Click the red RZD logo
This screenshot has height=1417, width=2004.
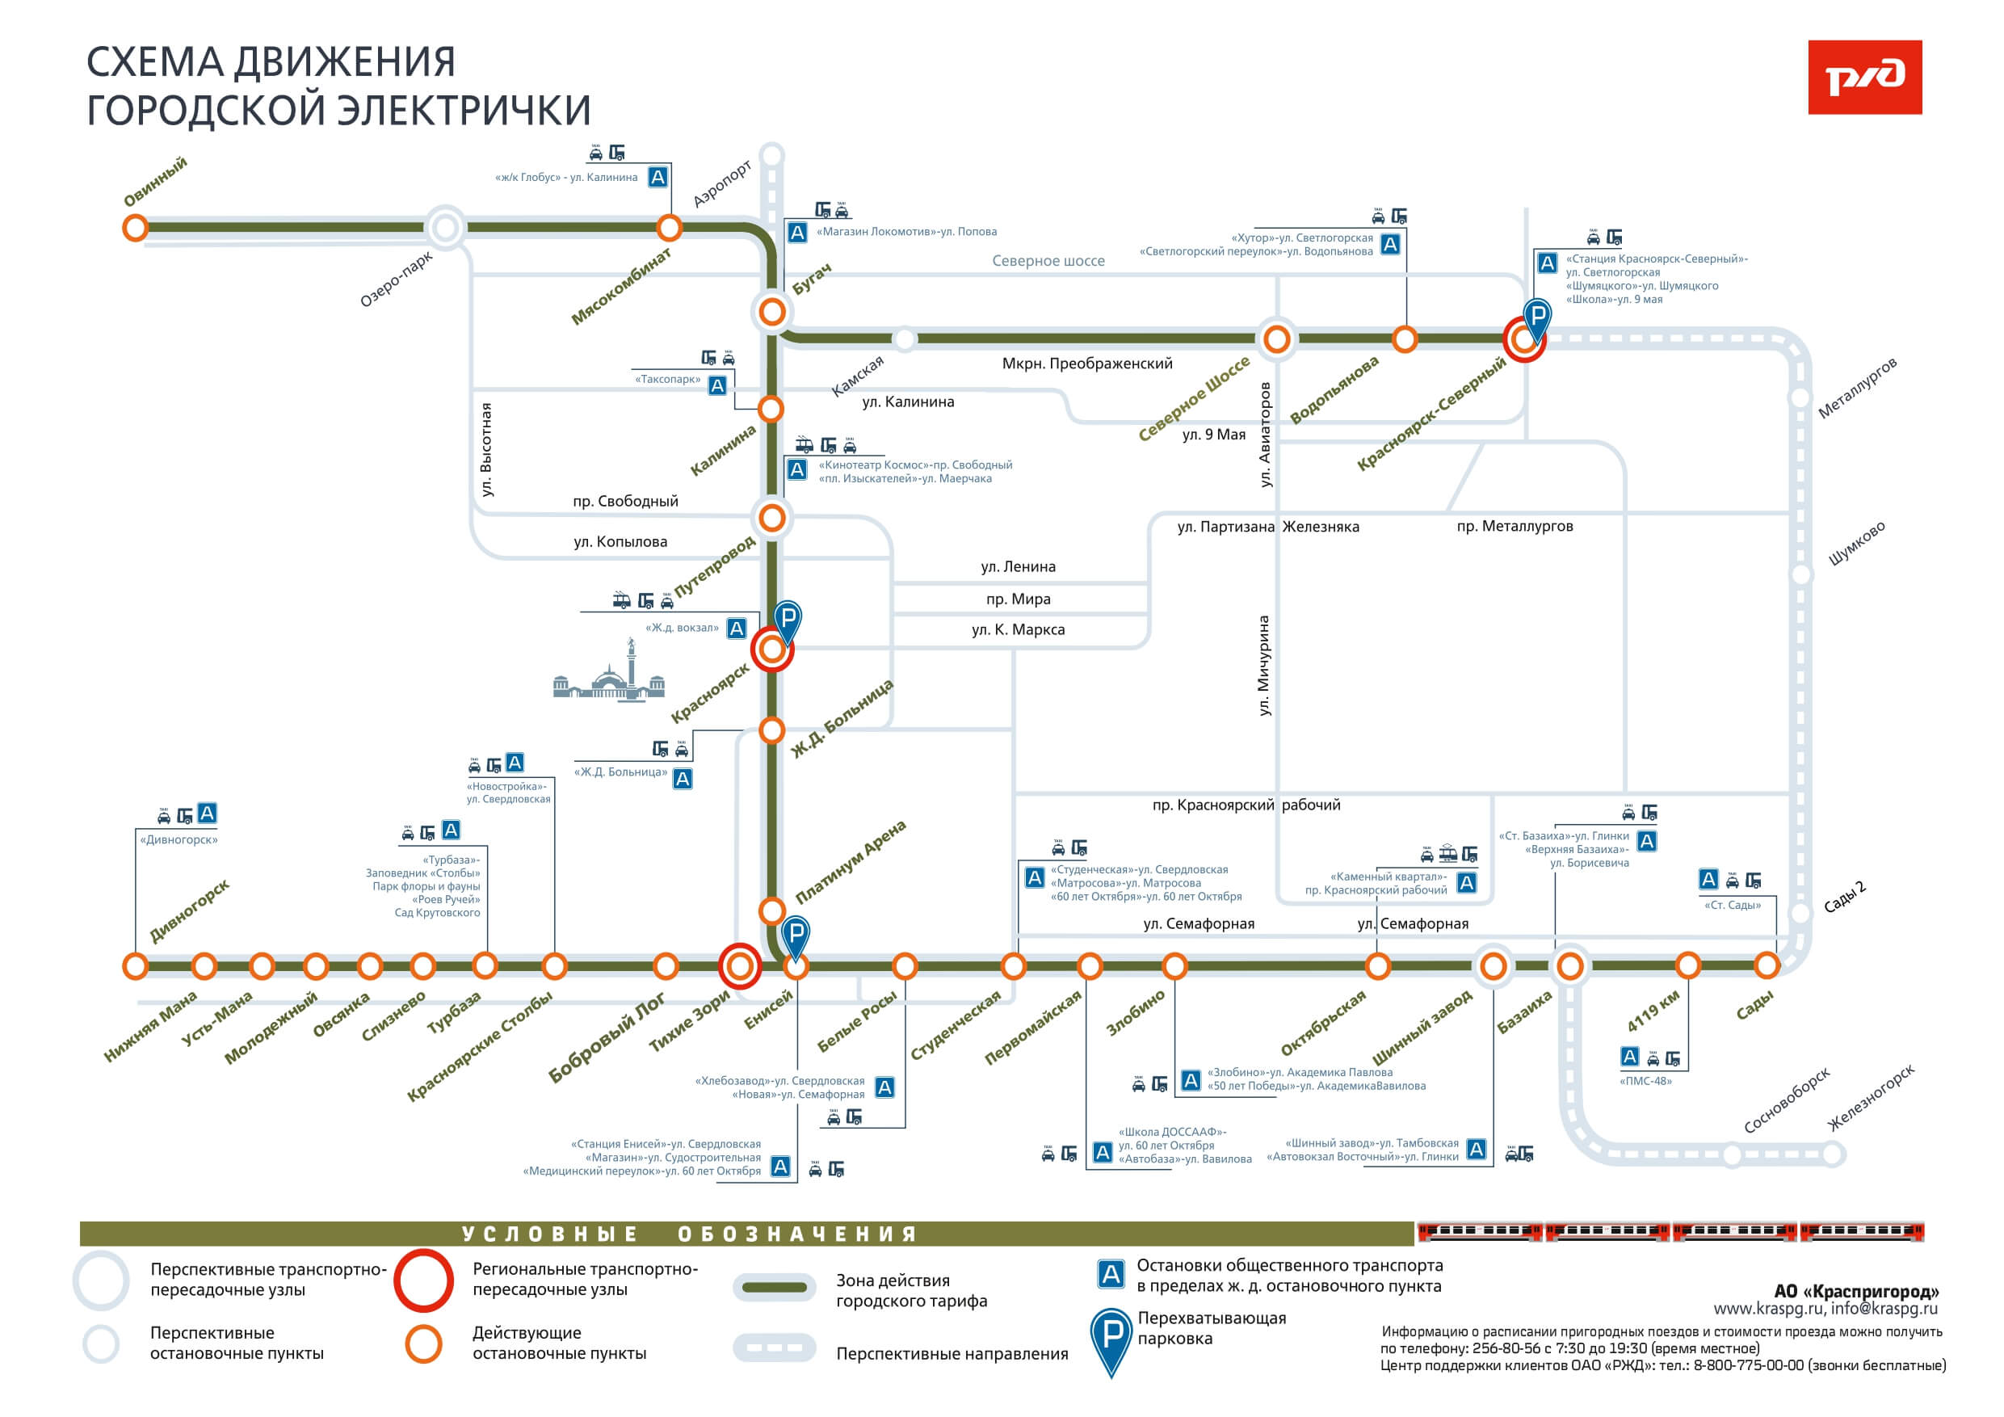pyautogui.click(x=1864, y=77)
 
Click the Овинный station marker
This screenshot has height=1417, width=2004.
pyautogui.click(x=135, y=228)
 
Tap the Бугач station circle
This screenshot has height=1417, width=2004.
pyautogui.click(x=771, y=311)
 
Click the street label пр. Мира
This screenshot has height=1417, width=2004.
pyautogui.click(x=1018, y=599)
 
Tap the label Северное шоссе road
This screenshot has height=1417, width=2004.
pyautogui.click(x=1048, y=260)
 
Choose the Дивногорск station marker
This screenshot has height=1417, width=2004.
pyautogui.click(x=135, y=965)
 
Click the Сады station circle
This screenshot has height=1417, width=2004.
pyautogui.click(x=1767, y=965)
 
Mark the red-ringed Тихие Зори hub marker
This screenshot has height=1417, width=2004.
pyautogui.click(x=739, y=965)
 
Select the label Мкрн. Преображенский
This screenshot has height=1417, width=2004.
pyautogui.click(x=1086, y=364)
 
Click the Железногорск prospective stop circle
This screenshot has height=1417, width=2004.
pyautogui.click(x=1832, y=1154)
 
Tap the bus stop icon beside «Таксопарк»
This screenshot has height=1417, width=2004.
pyautogui.click(x=717, y=385)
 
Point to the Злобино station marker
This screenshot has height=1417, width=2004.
pyautogui.click(x=1174, y=965)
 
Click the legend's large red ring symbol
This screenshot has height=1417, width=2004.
pyautogui.click(x=423, y=1280)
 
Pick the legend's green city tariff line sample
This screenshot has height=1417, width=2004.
pyautogui.click(x=774, y=1287)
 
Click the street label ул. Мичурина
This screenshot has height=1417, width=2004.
pyautogui.click(x=1264, y=666)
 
